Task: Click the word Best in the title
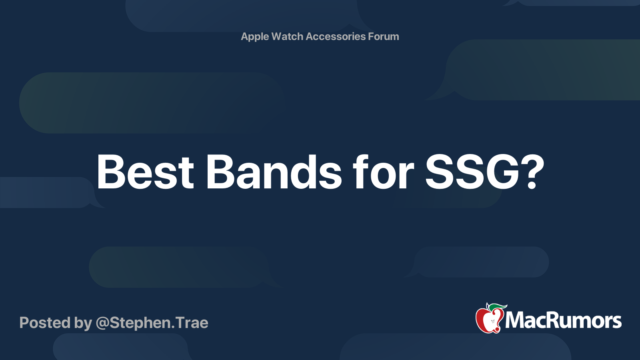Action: pyautogui.click(x=145, y=172)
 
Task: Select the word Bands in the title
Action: pyautogui.click(x=274, y=172)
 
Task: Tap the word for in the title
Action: pyautogui.click(x=383, y=172)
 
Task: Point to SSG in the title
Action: pyautogui.click(x=472, y=172)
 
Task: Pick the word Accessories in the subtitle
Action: pyautogui.click(x=336, y=37)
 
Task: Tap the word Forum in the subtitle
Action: pyautogui.click(x=384, y=37)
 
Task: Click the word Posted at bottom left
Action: pyautogui.click(x=45, y=323)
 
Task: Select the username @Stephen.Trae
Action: pyautogui.click(x=152, y=323)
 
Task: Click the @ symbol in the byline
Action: pyautogui.click(x=102, y=323)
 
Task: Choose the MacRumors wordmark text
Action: pyautogui.click(x=563, y=320)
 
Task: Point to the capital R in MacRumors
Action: pyautogui.click(x=556, y=320)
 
